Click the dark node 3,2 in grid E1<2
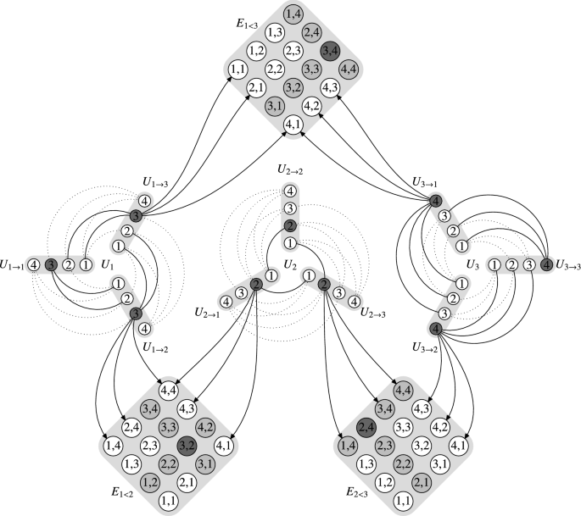pos(187,441)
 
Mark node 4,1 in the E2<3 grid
pos(459,442)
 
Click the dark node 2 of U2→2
pos(290,226)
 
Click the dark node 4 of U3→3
pos(545,264)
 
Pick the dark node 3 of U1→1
pos(51,264)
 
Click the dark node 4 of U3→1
pos(435,201)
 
